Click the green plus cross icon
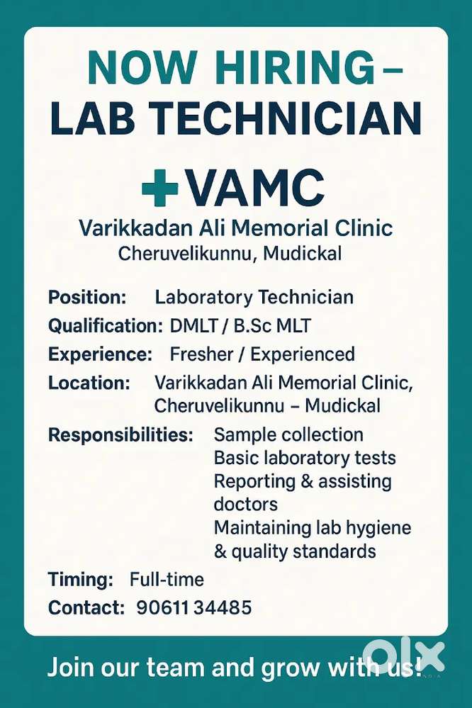coord(160,187)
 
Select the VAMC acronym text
coord(254,188)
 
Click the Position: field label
coord(87,297)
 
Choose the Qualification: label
coord(105,326)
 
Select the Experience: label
coord(100,354)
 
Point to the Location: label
coord(89,383)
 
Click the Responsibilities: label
coord(120,434)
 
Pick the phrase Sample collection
coord(288,434)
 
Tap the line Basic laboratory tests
coord(305,458)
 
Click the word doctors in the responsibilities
coord(245,504)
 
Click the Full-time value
coord(167,580)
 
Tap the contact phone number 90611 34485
coord(193,607)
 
